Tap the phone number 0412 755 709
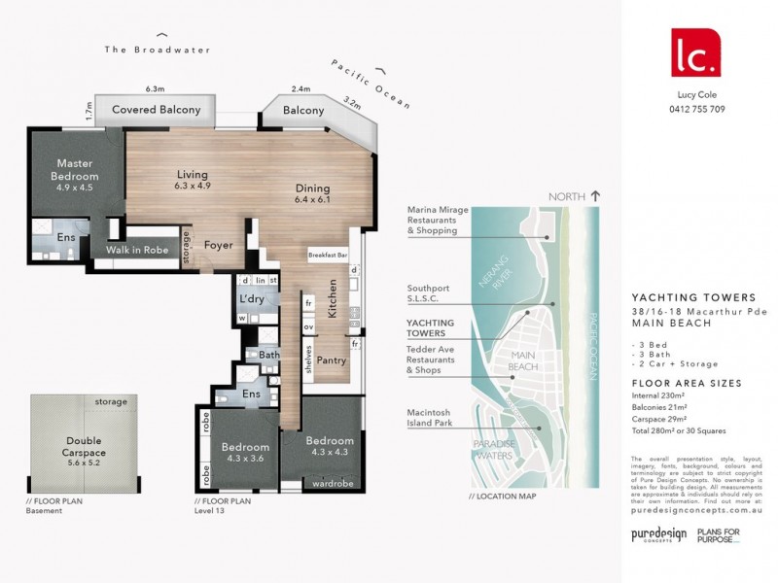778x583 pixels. pos(697,109)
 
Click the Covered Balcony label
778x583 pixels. pos(156,110)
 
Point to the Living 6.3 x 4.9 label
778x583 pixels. pos(192,179)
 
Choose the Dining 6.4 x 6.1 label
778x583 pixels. pos(313,193)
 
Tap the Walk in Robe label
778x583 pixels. pos(143,250)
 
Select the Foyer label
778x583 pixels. pos(218,245)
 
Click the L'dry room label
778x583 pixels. pos(252,298)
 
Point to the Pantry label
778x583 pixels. pos(332,360)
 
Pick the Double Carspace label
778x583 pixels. pos(63,446)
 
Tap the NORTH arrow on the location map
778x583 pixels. pos(595,195)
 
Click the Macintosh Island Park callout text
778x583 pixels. pos(435,417)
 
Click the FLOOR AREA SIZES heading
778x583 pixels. pos(686,383)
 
